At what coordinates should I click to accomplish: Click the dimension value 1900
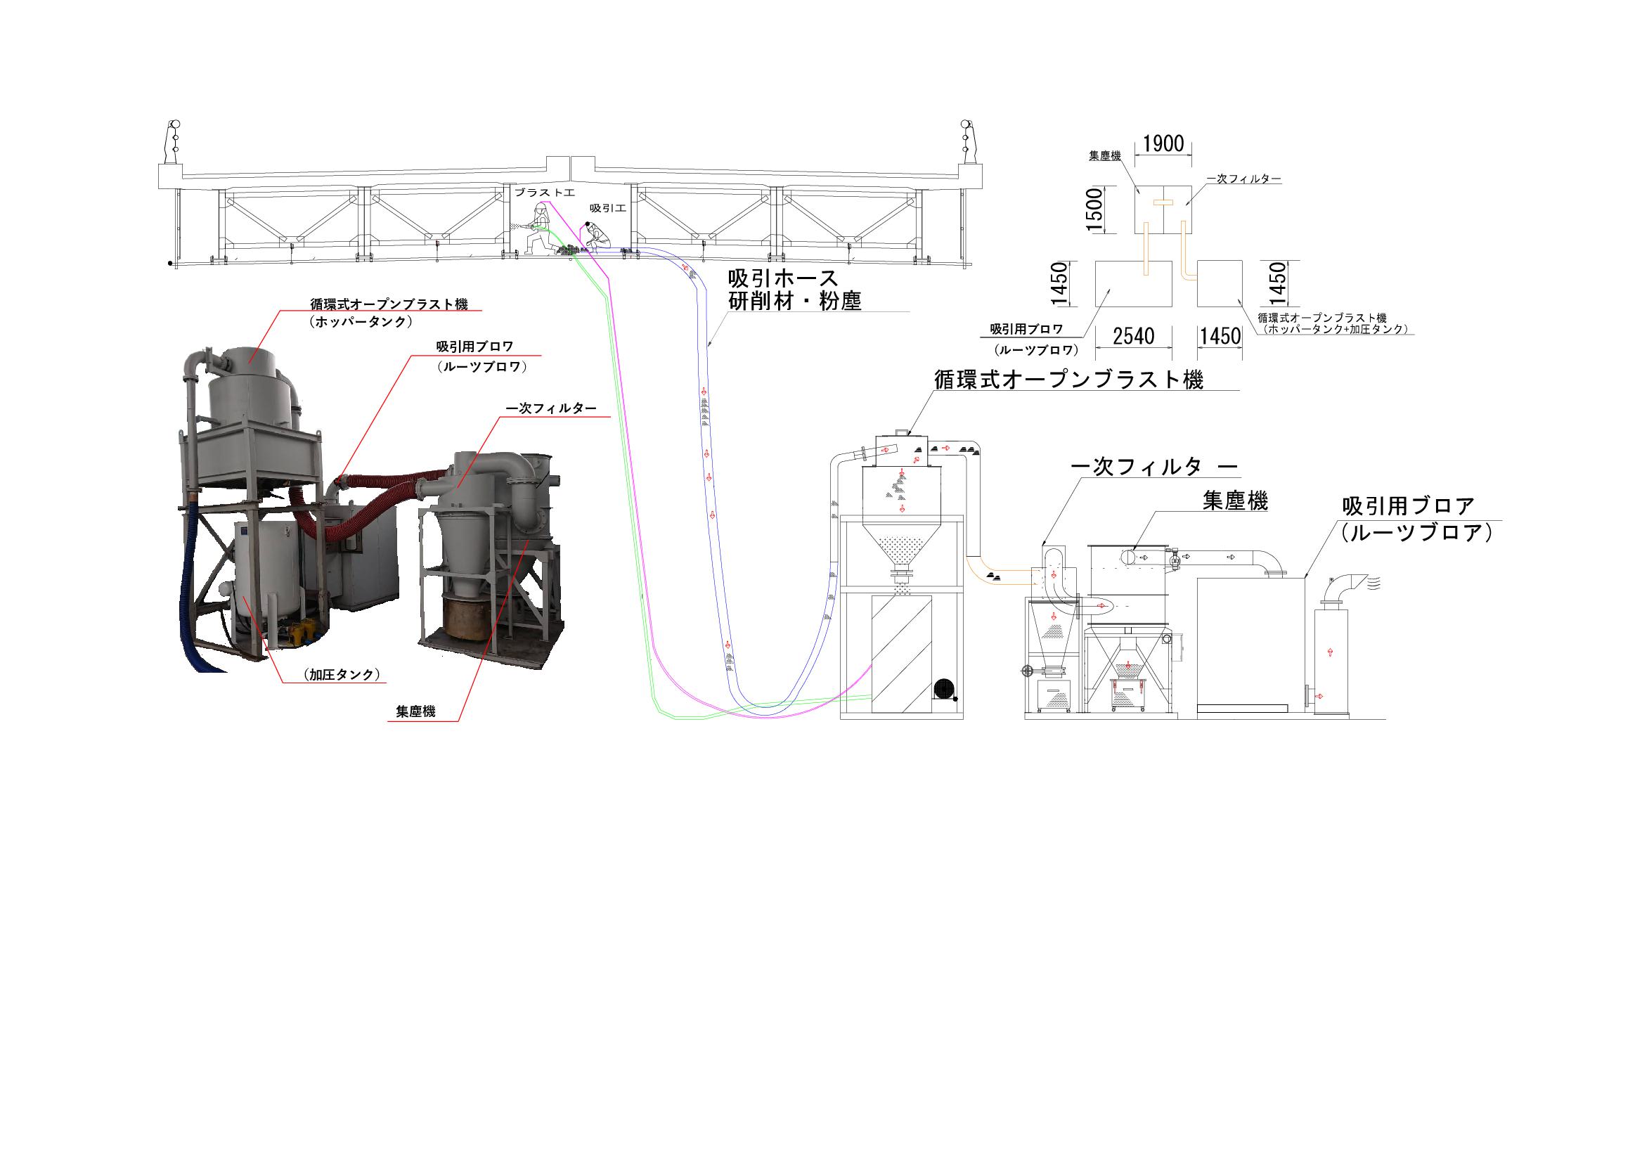click(x=1163, y=145)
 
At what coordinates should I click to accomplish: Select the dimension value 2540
click(x=1134, y=335)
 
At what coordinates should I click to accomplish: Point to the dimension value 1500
click(x=1094, y=209)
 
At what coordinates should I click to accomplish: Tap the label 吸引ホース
click(x=783, y=278)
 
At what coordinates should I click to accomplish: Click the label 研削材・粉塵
click(x=794, y=302)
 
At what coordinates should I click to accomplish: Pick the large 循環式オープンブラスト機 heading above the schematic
click(x=1069, y=379)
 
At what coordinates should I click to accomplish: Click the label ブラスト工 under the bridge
click(x=545, y=193)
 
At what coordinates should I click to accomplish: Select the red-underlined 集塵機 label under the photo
click(x=415, y=712)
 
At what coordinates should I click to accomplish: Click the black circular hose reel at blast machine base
click(x=944, y=689)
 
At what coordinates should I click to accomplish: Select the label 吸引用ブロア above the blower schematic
click(x=1407, y=507)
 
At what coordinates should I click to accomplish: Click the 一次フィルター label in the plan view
click(x=1243, y=179)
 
